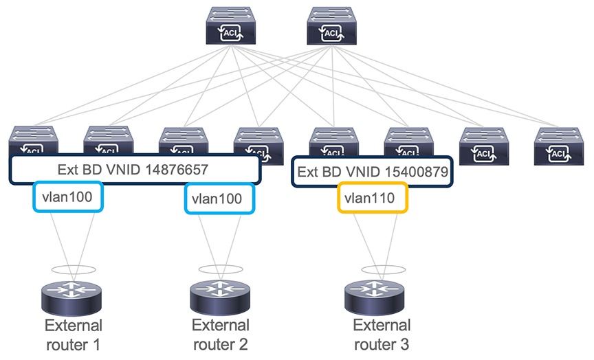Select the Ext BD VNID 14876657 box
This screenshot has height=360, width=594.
coord(135,169)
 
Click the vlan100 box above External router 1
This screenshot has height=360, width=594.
coord(67,197)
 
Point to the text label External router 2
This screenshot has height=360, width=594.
coord(220,333)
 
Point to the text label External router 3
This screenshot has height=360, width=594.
coord(382,333)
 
